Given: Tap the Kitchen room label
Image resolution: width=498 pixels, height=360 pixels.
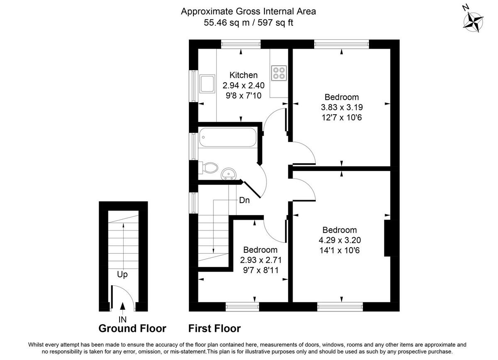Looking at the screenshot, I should coord(244,75).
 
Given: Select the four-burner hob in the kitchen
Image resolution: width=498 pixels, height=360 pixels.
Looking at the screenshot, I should coord(278,73).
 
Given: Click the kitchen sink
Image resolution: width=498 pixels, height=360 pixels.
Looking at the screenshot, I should coord(207,84).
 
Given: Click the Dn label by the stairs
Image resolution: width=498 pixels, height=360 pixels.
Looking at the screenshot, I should coord(244,200).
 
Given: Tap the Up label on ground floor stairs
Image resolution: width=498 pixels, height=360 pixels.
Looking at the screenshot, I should coord(122,275).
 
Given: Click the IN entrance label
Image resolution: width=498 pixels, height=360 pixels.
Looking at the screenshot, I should coord(122,319).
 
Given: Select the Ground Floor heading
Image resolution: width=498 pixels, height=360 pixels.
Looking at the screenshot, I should coord(132,329).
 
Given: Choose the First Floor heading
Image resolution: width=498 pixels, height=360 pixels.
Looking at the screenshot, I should coord(214,329).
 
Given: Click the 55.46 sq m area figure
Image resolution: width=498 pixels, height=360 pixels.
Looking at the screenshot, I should coord(224,22).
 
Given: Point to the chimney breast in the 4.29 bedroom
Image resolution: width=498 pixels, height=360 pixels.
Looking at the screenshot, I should coord(388,239).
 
